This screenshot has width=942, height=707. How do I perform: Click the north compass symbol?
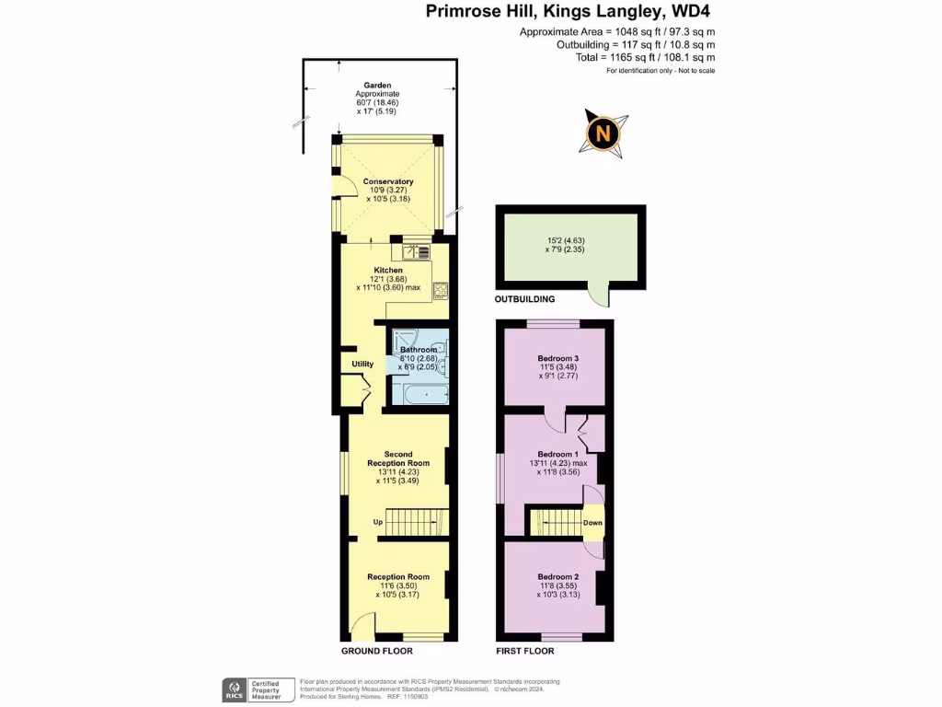tap(603, 133)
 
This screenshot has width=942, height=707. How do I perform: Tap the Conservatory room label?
tap(387, 181)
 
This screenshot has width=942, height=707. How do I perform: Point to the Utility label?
tap(362, 364)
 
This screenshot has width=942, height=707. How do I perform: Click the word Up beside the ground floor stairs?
tap(377, 523)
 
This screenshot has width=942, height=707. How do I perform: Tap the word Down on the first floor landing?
tap(592, 523)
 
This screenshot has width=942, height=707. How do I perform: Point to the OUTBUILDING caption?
tap(525, 299)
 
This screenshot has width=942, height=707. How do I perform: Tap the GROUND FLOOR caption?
tap(377, 651)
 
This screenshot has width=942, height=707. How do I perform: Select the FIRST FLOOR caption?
tap(525, 651)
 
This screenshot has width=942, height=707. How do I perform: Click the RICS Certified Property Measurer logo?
tap(257, 690)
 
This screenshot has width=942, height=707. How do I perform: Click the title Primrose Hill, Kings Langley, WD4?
tap(568, 12)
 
